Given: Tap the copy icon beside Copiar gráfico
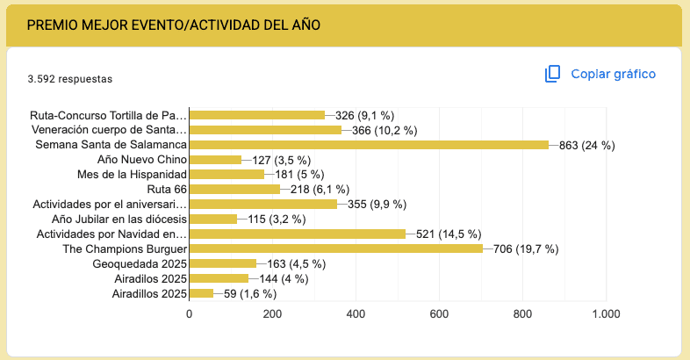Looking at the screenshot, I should (x=552, y=74).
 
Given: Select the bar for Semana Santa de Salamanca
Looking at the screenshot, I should (x=369, y=145).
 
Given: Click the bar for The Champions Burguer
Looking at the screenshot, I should (x=336, y=248).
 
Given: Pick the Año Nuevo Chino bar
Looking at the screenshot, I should (x=215, y=160).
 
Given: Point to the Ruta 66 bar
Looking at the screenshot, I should (x=234, y=189).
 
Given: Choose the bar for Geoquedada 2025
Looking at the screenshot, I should (x=223, y=263).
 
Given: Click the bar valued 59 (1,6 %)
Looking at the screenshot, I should (x=201, y=293).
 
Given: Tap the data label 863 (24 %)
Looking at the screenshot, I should (x=586, y=145).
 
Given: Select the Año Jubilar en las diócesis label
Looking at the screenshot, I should (x=119, y=219).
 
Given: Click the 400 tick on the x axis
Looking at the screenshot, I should (x=356, y=313).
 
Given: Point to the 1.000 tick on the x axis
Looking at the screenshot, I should (x=605, y=313).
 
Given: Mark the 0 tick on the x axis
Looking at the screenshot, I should (x=189, y=313).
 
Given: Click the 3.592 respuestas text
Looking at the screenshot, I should (x=69, y=78).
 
